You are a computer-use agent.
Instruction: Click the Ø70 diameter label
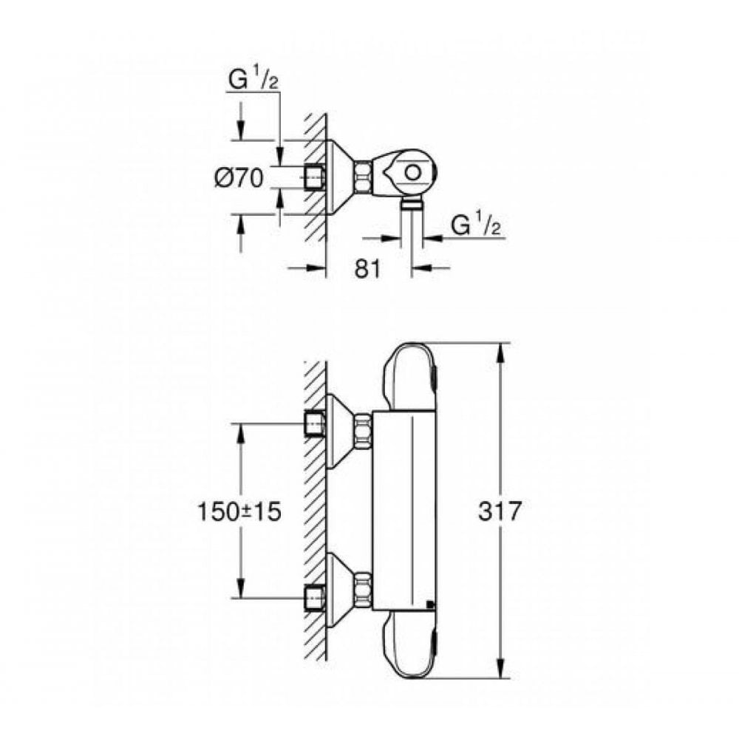(x=239, y=178)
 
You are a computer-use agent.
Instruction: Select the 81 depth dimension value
(x=368, y=268)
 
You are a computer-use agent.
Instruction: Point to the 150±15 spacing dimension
(x=239, y=511)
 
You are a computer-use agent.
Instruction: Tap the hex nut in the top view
(x=363, y=177)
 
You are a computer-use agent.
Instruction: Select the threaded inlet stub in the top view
(x=316, y=177)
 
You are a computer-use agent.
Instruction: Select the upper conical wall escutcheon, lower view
(x=338, y=432)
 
